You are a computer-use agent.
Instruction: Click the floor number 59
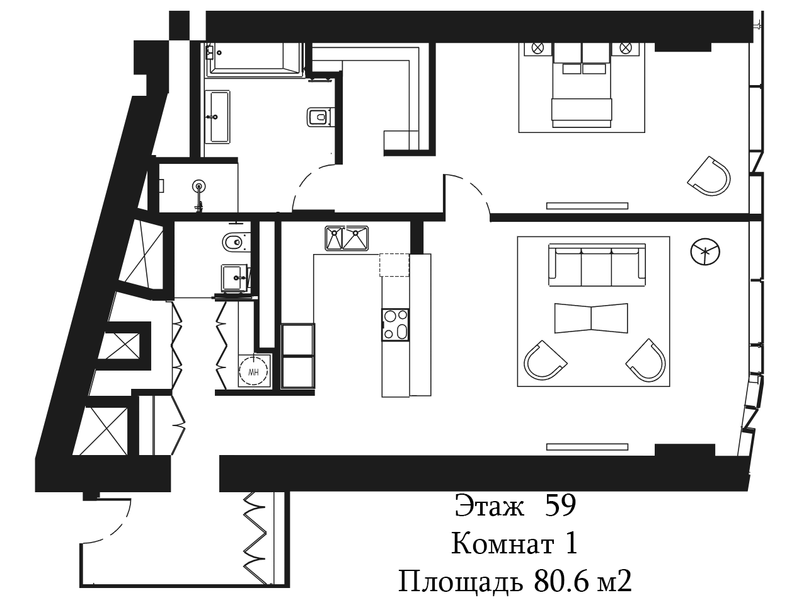tap(560, 505)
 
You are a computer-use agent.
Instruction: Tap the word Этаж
tap(490, 505)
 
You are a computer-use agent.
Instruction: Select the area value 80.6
tap(561, 582)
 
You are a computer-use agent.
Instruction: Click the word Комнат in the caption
tap(503, 543)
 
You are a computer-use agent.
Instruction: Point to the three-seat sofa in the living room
tap(597, 265)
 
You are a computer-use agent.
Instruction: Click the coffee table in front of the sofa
tap(591, 318)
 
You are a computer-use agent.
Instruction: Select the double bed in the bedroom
tap(582, 85)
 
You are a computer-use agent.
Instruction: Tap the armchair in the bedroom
tap(710, 176)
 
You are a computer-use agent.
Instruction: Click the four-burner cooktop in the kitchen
tap(395, 325)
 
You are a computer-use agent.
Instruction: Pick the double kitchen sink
tap(347, 238)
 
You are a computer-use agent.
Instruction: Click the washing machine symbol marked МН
tap(253, 371)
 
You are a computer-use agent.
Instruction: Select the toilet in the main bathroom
tap(319, 117)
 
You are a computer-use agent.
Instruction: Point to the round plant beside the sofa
tap(705, 251)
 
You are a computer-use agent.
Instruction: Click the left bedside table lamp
tap(537, 48)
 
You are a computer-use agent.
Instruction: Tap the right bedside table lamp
tap(625, 48)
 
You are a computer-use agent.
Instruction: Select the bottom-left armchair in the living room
tap(545, 361)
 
